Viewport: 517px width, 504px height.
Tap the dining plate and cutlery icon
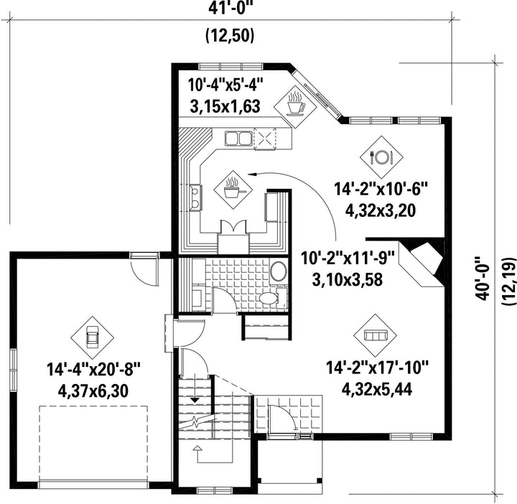[381, 157]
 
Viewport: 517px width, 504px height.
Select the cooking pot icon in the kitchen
[233, 190]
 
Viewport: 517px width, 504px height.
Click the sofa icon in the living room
[376, 335]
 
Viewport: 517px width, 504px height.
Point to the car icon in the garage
[92, 337]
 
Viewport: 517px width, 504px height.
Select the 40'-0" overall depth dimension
[483, 279]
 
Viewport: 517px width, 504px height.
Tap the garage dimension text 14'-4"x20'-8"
[94, 369]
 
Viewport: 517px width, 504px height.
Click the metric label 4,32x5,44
[377, 390]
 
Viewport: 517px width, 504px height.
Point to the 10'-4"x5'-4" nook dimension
[226, 85]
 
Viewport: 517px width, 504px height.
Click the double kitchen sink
[238, 138]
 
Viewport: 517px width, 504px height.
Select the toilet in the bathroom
[271, 298]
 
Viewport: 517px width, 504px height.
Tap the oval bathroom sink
[279, 271]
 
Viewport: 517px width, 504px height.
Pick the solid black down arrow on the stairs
[195, 400]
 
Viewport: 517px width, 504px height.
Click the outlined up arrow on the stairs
[197, 448]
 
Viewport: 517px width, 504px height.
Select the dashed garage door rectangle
[93, 444]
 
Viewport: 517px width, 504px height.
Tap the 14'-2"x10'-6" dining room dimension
[381, 190]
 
